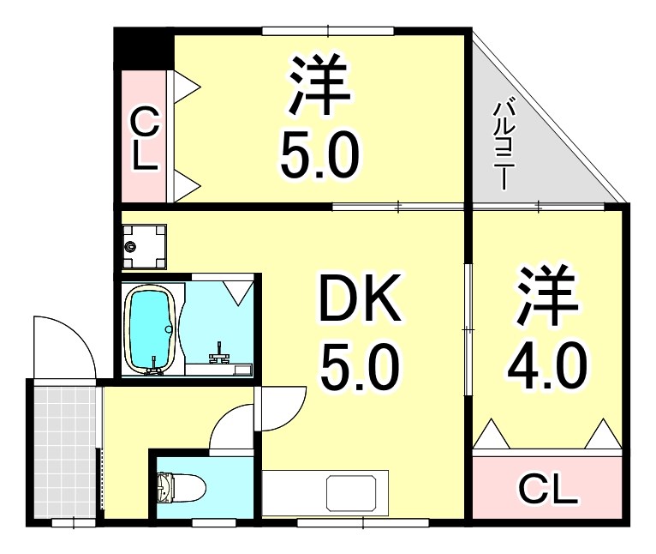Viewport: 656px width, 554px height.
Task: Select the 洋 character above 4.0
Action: pyautogui.click(x=546, y=296)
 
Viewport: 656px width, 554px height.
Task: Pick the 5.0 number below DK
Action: pyautogui.click(x=359, y=366)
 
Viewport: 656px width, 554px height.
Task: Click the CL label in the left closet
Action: pyautogui.click(x=145, y=141)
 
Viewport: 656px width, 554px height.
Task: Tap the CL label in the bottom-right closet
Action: pyautogui.click(x=548, y=491)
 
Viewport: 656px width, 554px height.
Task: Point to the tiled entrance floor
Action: pyautogui.click(x=64, y=450)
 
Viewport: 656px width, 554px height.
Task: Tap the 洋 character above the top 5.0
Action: pyautogui.click(x=319, y=87)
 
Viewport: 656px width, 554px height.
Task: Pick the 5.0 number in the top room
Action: pyautogui.click(x=319, y=154)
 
